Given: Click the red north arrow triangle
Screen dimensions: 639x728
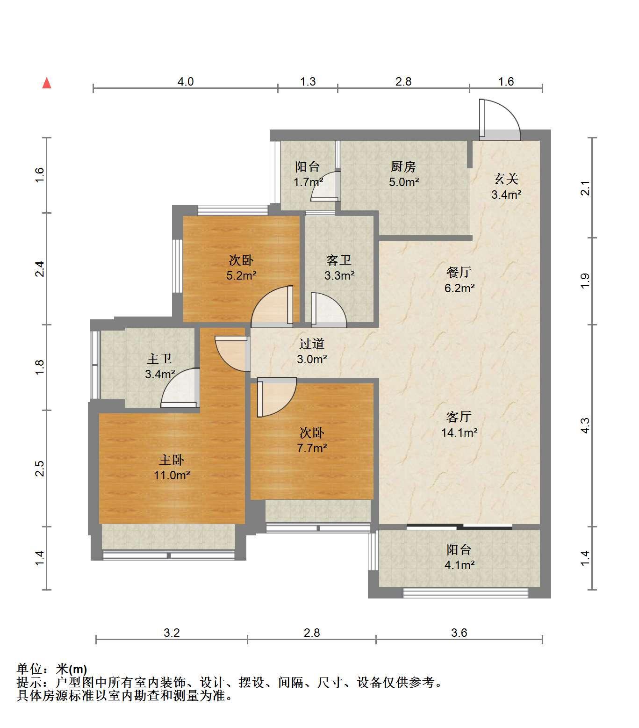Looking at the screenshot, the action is coord(47,83).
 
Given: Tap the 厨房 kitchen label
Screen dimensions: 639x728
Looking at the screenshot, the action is coord(403,166).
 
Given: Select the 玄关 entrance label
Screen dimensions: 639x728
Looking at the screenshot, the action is coord(506,179).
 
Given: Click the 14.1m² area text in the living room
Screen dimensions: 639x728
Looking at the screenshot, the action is coord(459,432).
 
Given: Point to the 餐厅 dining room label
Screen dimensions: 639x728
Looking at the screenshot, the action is coord(459,272).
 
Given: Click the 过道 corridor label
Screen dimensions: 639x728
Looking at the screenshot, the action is coord(312,344).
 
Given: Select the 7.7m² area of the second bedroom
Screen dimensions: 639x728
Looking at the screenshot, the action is coord(312,448).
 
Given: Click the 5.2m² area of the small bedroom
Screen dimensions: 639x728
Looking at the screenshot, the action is coord(241,275).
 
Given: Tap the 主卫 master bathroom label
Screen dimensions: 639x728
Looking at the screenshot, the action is coord(160,359).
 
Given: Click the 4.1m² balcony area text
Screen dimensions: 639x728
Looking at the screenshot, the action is coord(460,565).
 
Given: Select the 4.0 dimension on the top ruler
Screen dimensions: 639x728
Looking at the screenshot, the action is coord(185,81).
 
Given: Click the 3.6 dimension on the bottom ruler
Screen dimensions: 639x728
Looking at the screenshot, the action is coord(459,633).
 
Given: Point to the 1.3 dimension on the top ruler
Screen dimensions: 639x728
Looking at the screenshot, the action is coord(308,81).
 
